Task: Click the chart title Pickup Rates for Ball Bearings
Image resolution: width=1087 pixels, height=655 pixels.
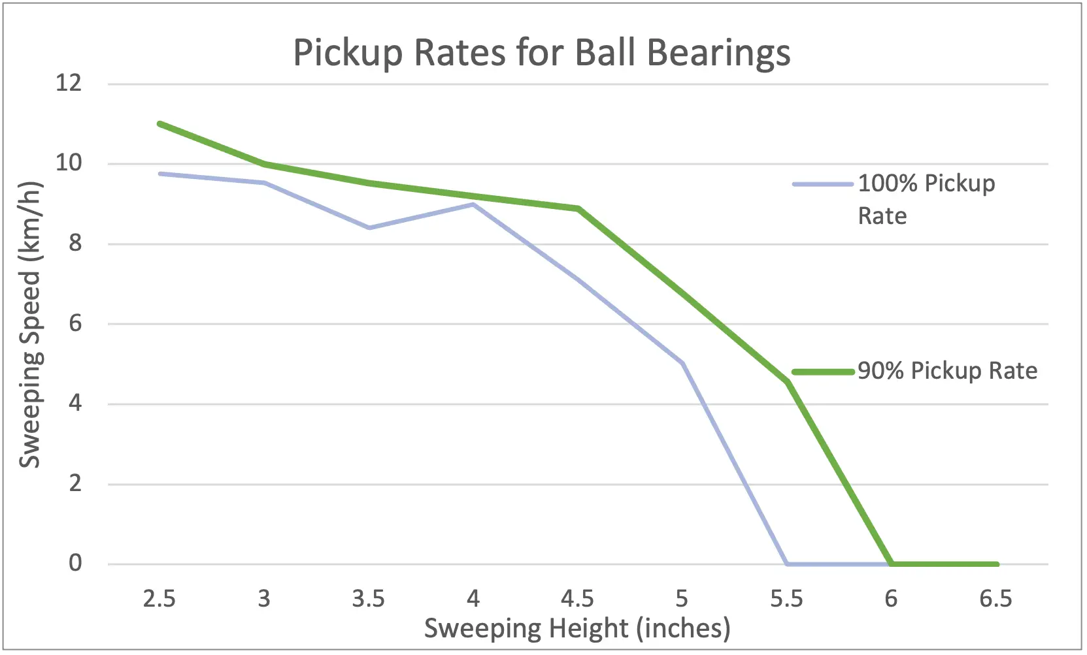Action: tap(541, 52)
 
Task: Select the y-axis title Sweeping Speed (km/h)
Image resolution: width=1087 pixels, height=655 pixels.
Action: tap(30, 325)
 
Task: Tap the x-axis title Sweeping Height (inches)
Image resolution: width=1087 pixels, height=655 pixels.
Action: tap(577, 628)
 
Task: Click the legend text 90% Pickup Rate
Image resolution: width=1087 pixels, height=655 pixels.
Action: tap(947, 371)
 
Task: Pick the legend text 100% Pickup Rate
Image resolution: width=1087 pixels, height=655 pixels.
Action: tap(926, 199)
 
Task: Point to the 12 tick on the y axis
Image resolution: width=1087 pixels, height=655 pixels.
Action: tap(69, 83)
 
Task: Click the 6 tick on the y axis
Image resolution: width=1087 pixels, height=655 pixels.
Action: tap(75, 323)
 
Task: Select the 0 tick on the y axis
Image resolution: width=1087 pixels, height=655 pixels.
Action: tap(75, 563)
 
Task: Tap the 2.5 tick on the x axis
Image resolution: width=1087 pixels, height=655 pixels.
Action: tap(159, 598)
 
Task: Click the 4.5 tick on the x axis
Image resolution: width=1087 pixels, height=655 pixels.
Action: tap(577, 598)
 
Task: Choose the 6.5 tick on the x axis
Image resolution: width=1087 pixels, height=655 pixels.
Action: tap(995, 598)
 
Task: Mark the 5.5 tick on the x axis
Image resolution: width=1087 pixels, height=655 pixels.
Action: tap(786, 598)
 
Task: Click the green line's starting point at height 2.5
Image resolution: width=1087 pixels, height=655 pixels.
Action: tap(160, 123)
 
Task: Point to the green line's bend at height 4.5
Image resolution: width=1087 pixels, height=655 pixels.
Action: tap(578, 209)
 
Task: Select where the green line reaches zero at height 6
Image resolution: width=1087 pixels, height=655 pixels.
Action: tap(892, 564)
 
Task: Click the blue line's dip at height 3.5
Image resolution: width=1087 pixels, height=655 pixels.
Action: tap(369, 227)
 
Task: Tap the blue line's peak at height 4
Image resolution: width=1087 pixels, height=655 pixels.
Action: tap(473, 204)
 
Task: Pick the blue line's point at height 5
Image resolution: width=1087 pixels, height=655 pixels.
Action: tap(682, 363)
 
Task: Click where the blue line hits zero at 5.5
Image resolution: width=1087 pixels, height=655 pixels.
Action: tap(787, 564)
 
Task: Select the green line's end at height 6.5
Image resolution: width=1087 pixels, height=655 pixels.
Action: tap(996, 564)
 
